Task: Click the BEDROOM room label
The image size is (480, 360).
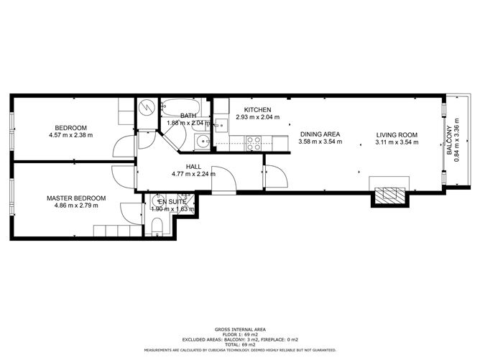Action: [x=70, y=126]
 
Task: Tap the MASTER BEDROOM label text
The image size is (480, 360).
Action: [x=76, y=198]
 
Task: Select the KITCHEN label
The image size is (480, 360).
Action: [x=257, y=109]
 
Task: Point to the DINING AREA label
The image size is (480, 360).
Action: [x=320, y=134]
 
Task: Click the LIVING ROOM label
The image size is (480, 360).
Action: [x=396, y=134]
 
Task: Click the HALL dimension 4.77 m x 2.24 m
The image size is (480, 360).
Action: [x=193, y=174]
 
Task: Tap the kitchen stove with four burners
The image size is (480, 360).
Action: [x=254, y=142]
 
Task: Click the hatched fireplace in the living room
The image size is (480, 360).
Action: [x=389, y=194]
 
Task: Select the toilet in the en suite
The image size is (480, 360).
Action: [x=157, y=227]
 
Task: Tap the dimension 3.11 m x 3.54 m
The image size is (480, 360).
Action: [x=396, y=142]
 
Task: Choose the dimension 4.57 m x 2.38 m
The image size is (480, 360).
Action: [x=70, y=134]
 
